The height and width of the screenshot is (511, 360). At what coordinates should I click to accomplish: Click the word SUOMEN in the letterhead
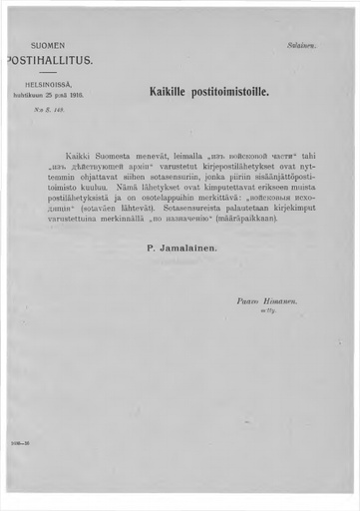(47, 46)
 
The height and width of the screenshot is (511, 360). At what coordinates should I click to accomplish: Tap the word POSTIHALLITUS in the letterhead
(50, 60)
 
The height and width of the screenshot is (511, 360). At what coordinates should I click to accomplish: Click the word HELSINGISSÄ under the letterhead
(48, 87)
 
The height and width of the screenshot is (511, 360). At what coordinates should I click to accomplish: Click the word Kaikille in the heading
(172, 92)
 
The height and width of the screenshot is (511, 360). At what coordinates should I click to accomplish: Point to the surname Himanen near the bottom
(291, 300)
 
